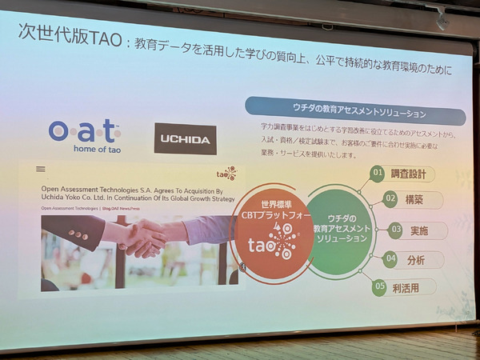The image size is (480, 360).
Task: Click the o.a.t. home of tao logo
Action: point(84,135)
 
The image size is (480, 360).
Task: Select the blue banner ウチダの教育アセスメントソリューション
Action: point(354,110)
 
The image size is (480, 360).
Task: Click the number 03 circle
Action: point(396,230)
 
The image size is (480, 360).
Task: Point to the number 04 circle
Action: point(390,258)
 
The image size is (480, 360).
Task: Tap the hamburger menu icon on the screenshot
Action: point(40,170)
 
